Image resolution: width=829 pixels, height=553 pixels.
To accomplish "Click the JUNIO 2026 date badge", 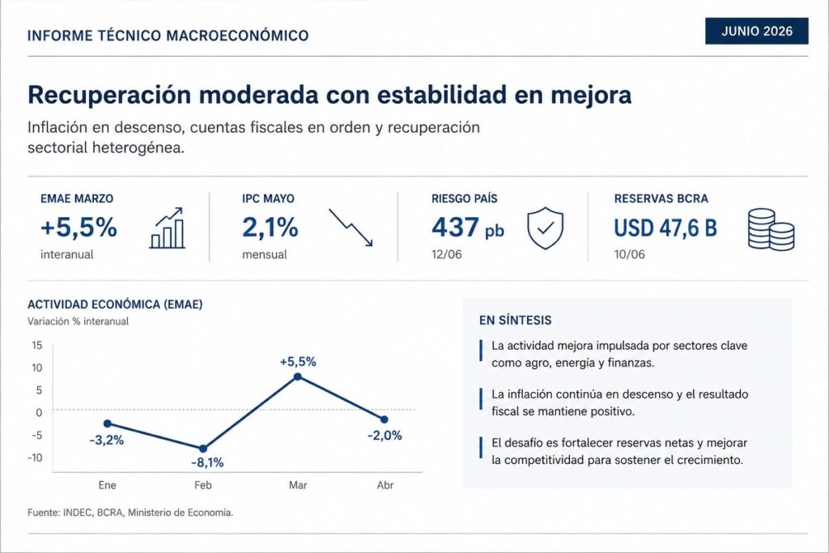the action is (757, 32).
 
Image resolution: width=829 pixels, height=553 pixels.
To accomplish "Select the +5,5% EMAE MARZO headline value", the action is (79, 228).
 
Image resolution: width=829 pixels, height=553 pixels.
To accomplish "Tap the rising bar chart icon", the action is (168, 228).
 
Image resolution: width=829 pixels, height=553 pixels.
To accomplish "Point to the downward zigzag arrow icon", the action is (351, 228).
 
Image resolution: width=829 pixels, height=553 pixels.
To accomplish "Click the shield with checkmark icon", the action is (545, 228).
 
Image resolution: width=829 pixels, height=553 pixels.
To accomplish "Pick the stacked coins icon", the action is (772, 229).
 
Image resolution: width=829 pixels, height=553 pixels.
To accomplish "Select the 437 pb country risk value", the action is (467, 228).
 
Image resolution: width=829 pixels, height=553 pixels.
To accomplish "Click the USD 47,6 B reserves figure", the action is (665, 228).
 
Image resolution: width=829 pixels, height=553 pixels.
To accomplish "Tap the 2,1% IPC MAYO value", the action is (270, 228).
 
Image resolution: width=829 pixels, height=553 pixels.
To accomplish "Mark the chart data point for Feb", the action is (203, 449).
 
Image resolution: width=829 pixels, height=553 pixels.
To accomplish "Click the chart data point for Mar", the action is (298, 376).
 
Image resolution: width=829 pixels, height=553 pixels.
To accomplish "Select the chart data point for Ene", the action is (108, 423).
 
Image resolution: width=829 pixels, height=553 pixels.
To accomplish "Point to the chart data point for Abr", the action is (385, 419).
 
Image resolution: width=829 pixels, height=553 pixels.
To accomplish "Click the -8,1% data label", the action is (207, 463).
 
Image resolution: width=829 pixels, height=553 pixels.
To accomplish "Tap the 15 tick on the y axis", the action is (37, 345).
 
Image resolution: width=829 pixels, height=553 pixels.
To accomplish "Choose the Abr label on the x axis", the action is (385, 485).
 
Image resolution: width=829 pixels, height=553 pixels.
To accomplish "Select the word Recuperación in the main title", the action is (109, 96).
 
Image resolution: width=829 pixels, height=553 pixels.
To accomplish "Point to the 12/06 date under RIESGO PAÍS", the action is (446, 254).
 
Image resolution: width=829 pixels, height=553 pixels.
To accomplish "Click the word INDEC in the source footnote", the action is (78, 513).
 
